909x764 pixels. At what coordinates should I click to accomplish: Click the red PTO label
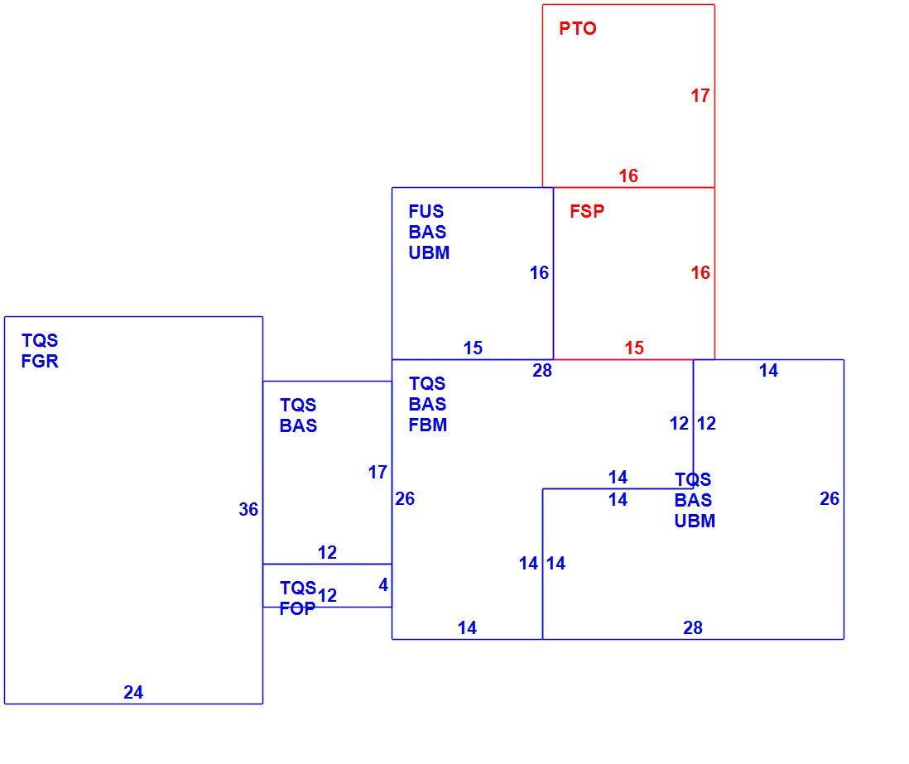(x=577, y=28)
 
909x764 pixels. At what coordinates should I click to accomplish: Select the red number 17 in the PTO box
(x=700, y=96)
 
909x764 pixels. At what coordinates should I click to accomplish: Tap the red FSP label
(x=587, y=211)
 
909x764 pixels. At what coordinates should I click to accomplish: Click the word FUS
(x=426, y=211)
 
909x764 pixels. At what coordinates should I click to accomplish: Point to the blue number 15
(x=473, y=348)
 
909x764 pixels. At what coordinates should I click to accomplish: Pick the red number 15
(x=634, y=348)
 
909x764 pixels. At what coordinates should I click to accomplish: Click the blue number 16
(x=539, y=272)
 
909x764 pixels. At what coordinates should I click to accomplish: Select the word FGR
(x=40, y=361)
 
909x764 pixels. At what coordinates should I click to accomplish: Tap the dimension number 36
(x=248, y=509)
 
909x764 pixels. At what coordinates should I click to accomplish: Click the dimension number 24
(x=133, y=692)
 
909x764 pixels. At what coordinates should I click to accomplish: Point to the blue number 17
(x=378, y=473)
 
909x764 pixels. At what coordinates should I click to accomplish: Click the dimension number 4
(x=383, y=585)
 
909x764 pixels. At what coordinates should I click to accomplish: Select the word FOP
(x=297, y=608)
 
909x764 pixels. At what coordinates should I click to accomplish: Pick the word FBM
(x=428, y=425)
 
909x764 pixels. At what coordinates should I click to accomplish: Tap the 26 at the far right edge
(x=830, y=498)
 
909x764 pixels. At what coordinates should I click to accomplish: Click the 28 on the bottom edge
(x=693, y=627)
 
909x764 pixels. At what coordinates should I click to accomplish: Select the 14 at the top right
(x=769, y=370)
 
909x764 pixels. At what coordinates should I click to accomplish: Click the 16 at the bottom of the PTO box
(x=628, y=175)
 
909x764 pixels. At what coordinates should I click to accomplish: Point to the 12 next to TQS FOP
(x=328, y=595)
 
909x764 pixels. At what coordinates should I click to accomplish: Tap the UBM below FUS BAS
(x=429, y=252)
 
